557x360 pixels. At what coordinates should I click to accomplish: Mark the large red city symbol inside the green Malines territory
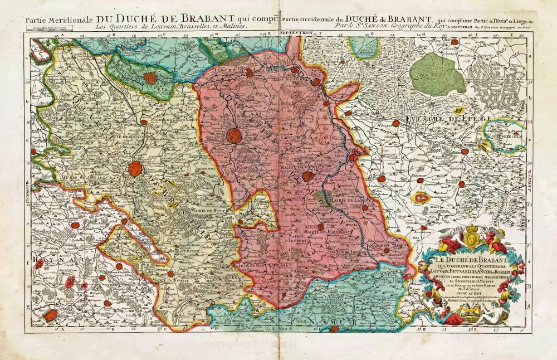pos(149,79)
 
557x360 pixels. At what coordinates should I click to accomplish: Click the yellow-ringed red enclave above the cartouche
pos(422,196)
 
